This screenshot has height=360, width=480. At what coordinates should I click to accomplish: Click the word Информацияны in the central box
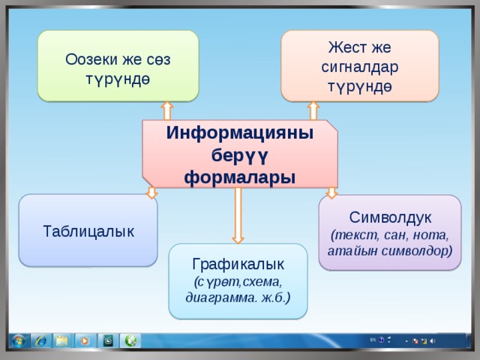240,133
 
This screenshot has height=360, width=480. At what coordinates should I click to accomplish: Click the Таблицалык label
89,230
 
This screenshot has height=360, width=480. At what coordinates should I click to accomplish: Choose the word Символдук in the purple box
389,217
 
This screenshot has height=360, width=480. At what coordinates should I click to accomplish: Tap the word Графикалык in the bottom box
238,264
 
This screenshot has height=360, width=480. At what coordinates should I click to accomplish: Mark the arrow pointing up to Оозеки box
166,109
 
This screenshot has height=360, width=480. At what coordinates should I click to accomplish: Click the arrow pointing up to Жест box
313,109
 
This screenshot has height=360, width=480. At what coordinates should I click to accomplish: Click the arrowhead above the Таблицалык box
152,193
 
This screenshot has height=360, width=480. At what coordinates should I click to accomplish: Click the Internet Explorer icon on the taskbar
40,341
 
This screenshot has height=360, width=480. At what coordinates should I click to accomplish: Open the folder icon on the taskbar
61,341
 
